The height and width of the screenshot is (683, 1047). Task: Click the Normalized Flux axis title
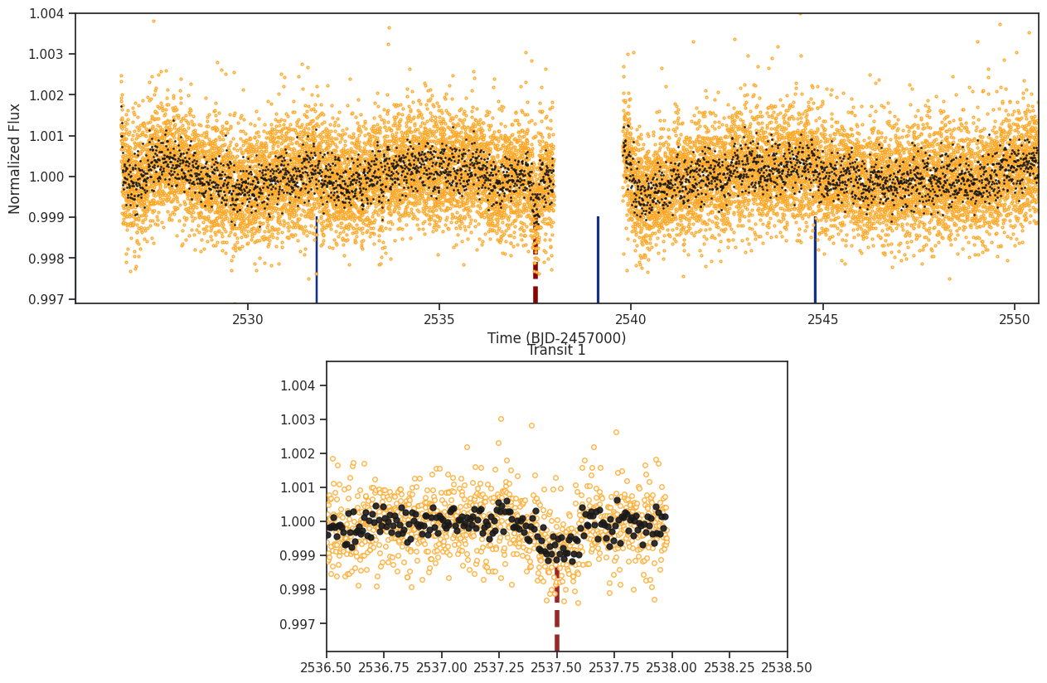tap(14, 159)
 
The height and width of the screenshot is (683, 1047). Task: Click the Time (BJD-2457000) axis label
tap(556, 337)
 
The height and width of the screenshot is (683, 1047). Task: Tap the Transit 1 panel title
tap(556, 350)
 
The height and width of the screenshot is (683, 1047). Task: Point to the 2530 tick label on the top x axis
tap(248, 320)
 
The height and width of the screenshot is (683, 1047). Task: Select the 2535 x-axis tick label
tap(439, 320)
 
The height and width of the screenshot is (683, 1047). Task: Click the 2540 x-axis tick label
tap(631, 320)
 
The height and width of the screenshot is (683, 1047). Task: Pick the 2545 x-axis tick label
tap(823, 320)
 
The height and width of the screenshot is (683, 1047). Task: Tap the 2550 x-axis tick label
tap(1015, 320)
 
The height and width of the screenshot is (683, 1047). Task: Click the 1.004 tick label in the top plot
tap(46, 13)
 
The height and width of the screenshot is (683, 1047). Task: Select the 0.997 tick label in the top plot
tap(46, 299)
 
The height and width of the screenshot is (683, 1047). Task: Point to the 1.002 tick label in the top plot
tap(46, 94)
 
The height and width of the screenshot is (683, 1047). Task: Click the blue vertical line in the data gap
tap(598, 259)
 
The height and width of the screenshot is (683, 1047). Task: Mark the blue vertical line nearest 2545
tap(815, 259)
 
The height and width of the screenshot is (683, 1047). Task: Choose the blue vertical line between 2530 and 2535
tap(317, 259)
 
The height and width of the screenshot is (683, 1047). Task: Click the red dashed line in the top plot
tap(536, 259)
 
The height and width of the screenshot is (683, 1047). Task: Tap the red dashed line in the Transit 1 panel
tap(557, 608)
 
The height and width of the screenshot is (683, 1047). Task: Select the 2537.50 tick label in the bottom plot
tap(557, 667)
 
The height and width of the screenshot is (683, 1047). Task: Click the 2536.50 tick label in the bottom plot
tap(326, 667)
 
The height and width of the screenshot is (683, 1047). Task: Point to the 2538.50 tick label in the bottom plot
tap(788, 667)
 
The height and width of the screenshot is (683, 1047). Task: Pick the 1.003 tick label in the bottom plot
tap(298, 419)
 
